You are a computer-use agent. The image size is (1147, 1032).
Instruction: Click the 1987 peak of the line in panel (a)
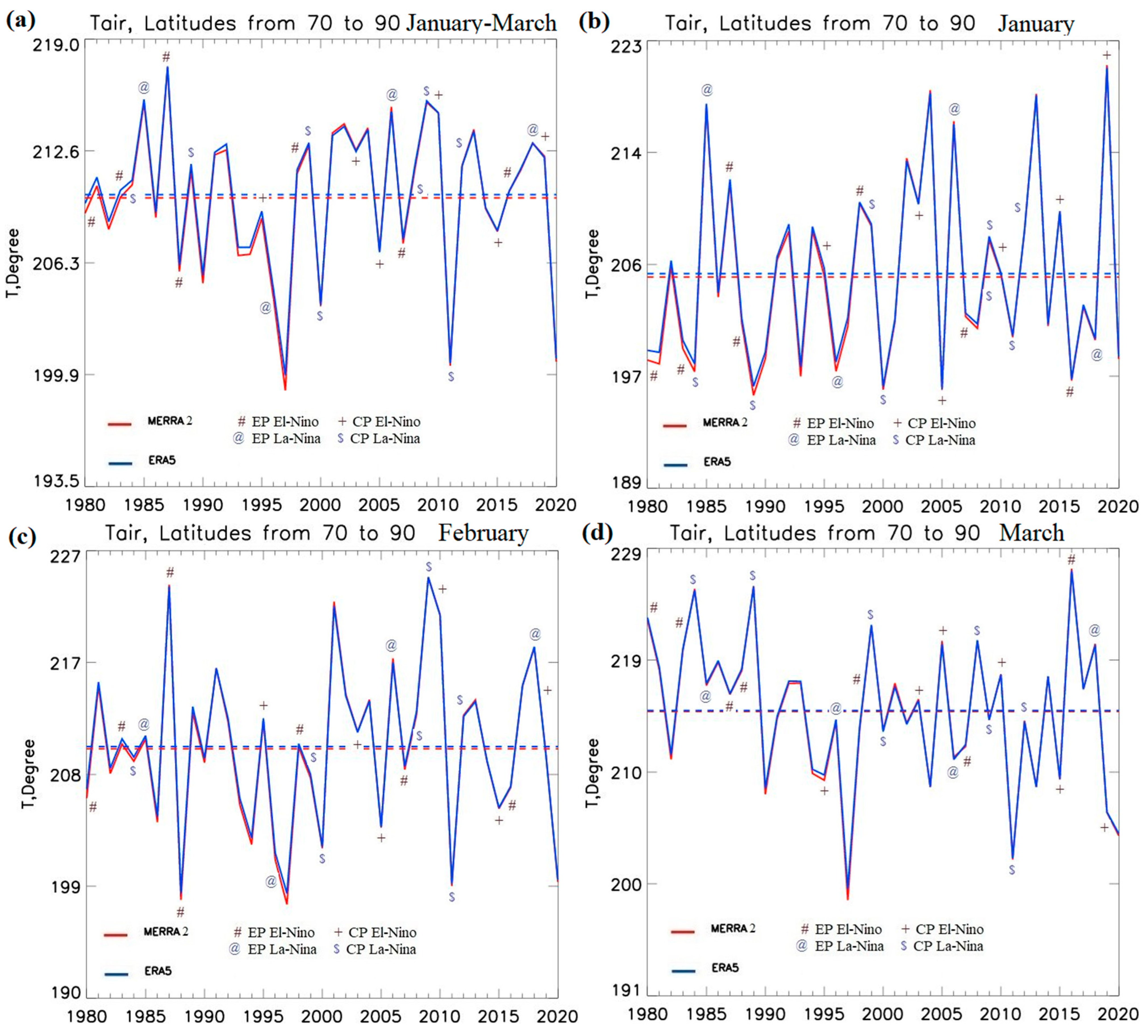tap(167, 68)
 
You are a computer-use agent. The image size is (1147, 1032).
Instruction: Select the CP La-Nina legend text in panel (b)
tap(940, 440)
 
